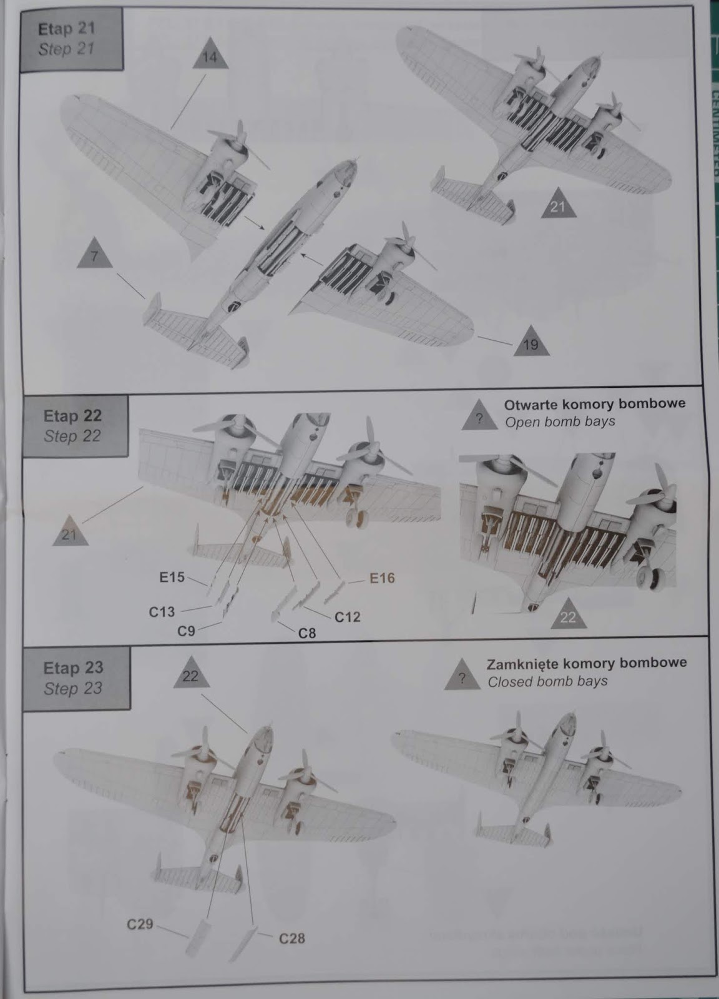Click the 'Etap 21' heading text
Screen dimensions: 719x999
pyautogui.click(x=66, y=29)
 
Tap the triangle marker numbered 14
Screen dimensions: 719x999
pyautogui.click(x=211, y=58)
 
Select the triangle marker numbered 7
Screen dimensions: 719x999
pyautogui.click(x=94, y=255)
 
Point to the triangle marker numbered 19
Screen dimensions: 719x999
pyautogui.click(x=532, y=343)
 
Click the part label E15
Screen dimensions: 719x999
pyautogui.click(x=172, y=578)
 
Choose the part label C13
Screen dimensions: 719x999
pyautogui.click(x=162, y=611)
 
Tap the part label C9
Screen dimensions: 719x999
pyautogui.click(x=186, y=631)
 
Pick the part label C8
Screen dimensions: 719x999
pyautogui.click(x=306, y=633)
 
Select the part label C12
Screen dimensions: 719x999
pyautogui.click(x=347, y=617)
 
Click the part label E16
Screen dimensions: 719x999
pyautogui.click(x=382, y=578)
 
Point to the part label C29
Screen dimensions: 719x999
pyautogui.click(x=140, y=924)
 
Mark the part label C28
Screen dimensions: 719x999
pyautogui.click(x=291, y=938)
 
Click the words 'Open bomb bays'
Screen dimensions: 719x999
pyautogui.click(x=560, y=421)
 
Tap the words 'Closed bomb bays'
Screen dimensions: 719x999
pyautogui.click(x=547, y=681)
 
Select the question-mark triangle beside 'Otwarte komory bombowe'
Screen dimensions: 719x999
pyautogui.click(x=479, y=418)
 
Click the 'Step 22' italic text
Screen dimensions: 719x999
pyautogui.click(x=72, y=436)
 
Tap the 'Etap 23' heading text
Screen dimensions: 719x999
pyautogui.click(x=72, y=667)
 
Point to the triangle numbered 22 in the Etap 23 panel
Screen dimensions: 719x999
pyautogui.click(x=191, y=675)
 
